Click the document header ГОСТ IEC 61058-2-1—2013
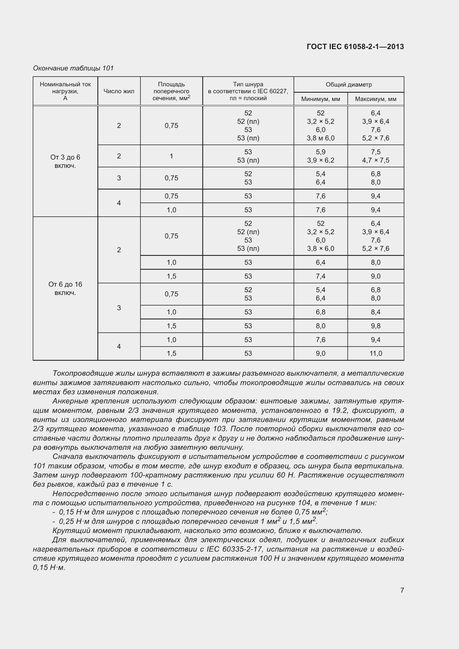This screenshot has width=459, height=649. tap(355, 47)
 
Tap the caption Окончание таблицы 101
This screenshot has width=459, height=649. tap(73, 68)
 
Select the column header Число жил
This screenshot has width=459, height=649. tap(119, 91)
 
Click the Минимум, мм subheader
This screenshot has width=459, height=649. tap(321, 99)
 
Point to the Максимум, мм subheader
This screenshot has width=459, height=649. tap(376, 99)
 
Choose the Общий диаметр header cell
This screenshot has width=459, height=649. tap(349, 85)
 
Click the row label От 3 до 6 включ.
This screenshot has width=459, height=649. tap(65, 161)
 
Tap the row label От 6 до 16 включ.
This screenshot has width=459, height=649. tap(65, 288)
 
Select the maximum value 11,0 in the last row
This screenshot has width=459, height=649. tap(376, 353)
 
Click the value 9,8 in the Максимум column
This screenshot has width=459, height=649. tap(376, 326)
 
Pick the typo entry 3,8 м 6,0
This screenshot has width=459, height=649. tap(321, 138)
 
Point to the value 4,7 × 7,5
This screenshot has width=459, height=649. tap(376, 160)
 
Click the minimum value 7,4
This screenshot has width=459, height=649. tap(321, 276)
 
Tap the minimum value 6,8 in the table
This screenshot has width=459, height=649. tap(321, 312)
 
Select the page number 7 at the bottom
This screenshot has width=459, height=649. tap(402, 590)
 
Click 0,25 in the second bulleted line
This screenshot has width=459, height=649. tap(66, 521)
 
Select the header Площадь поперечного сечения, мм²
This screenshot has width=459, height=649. tap(171, 91)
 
